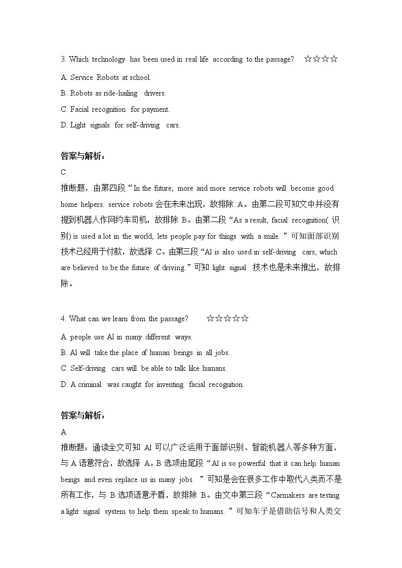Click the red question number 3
(63, 60)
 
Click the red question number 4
(63, 319)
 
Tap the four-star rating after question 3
(321, 59)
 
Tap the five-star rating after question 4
(227, 319)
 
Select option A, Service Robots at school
(106, 77)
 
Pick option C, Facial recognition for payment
(115, 109)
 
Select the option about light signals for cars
(120, 125)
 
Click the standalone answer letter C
(63, 172)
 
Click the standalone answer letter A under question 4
(63, 432)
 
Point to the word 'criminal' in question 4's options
(90, 384)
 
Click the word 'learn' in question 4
(118, 319)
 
